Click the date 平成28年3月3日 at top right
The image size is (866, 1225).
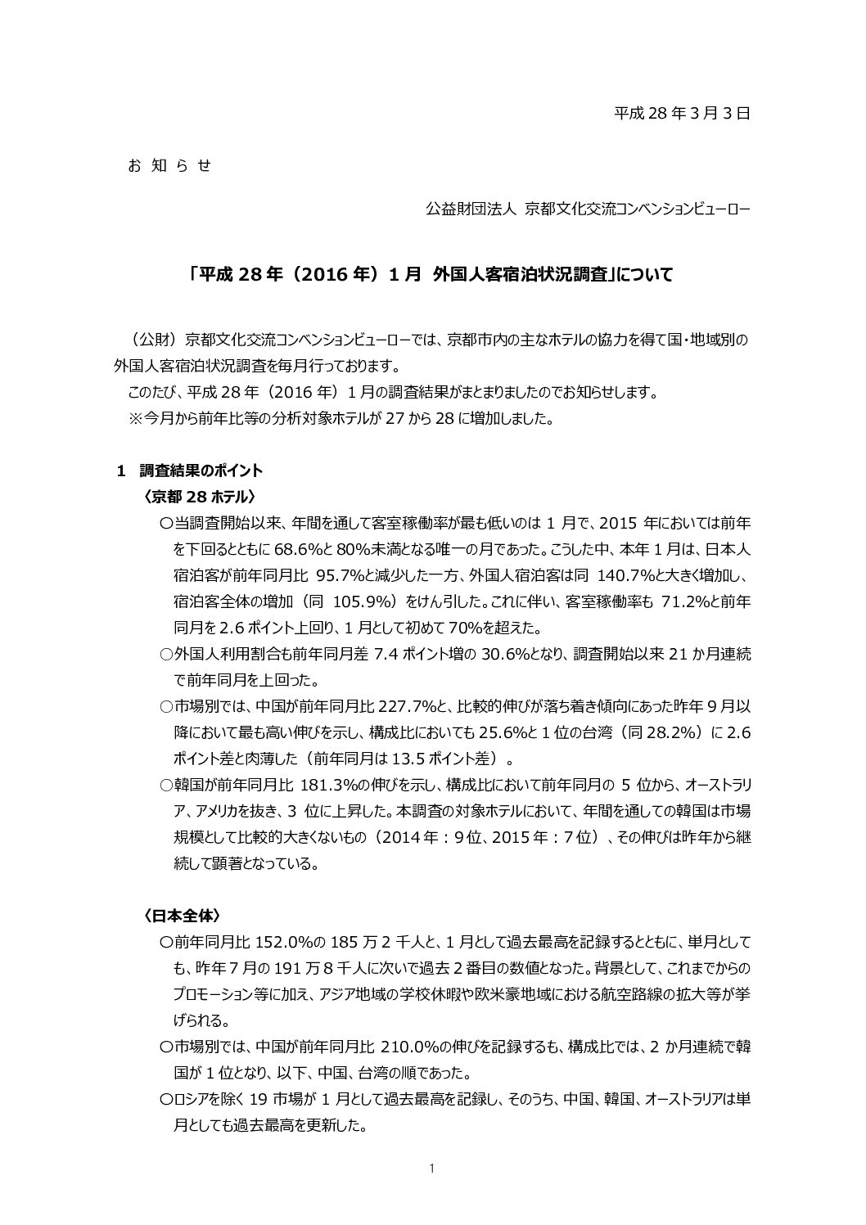682,113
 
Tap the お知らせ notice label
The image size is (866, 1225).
169,165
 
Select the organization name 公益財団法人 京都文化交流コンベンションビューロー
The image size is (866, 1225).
587,209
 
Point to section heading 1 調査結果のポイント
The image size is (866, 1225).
189,471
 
